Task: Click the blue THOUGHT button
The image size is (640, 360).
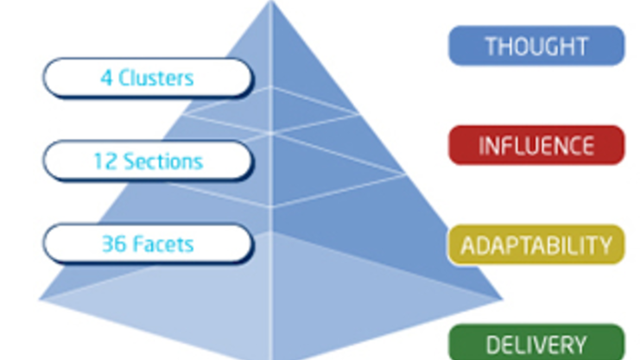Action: point(536,45)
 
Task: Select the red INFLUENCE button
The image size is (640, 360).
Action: point(536,145)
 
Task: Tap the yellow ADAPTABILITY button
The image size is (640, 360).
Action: point(536,245)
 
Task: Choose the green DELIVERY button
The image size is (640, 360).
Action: point(536,343)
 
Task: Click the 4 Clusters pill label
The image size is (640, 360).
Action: point(148,78)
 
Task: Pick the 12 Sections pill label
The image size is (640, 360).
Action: point(148,161)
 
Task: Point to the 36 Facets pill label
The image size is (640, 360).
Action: point(148,243)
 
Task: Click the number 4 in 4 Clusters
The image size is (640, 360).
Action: point(106,78)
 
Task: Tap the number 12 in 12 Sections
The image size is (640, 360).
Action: point(105,161)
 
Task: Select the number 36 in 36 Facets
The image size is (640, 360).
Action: point(114,244)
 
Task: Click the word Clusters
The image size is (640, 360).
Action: point(156,78)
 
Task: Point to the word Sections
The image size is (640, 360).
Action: point(163,161)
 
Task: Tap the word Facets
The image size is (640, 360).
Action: point(164,244)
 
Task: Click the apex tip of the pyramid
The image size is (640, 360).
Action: point(271,1)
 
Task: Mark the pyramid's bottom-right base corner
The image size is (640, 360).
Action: point(502,300)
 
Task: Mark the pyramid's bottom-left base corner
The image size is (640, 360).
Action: point(40,300)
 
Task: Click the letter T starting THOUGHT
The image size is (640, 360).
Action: point(491,46)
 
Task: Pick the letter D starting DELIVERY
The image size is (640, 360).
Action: point(493,345)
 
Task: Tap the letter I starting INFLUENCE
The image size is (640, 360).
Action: point(481,146)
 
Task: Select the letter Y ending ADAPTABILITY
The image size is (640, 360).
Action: point(605,245)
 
